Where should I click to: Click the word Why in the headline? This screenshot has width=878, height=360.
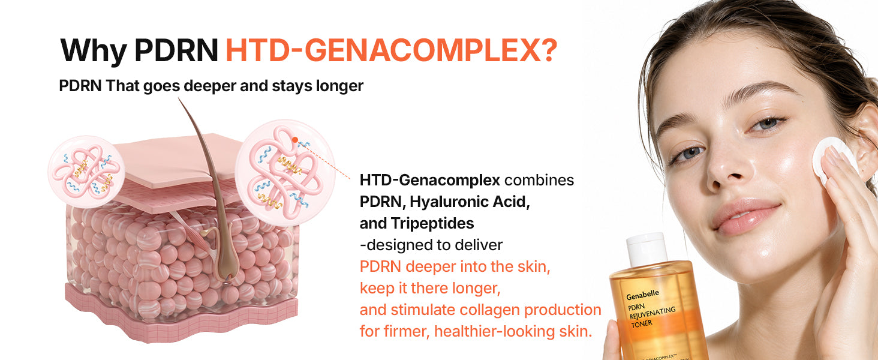(x=94, y=51)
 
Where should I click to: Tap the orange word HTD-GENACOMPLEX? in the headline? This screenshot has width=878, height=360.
(x=391, y=50)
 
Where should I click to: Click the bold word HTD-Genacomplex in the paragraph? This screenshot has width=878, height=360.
(x=430, y=181)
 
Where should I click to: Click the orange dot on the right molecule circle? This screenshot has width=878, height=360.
(x=294, y=140)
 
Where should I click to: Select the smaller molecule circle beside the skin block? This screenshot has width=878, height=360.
(x=86, y=172)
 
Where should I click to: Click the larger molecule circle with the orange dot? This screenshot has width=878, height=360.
(x=285, y=173)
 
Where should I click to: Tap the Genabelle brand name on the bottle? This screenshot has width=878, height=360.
(x=642, y=295)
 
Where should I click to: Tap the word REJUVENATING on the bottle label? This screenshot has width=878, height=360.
(x=653, y=313)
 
